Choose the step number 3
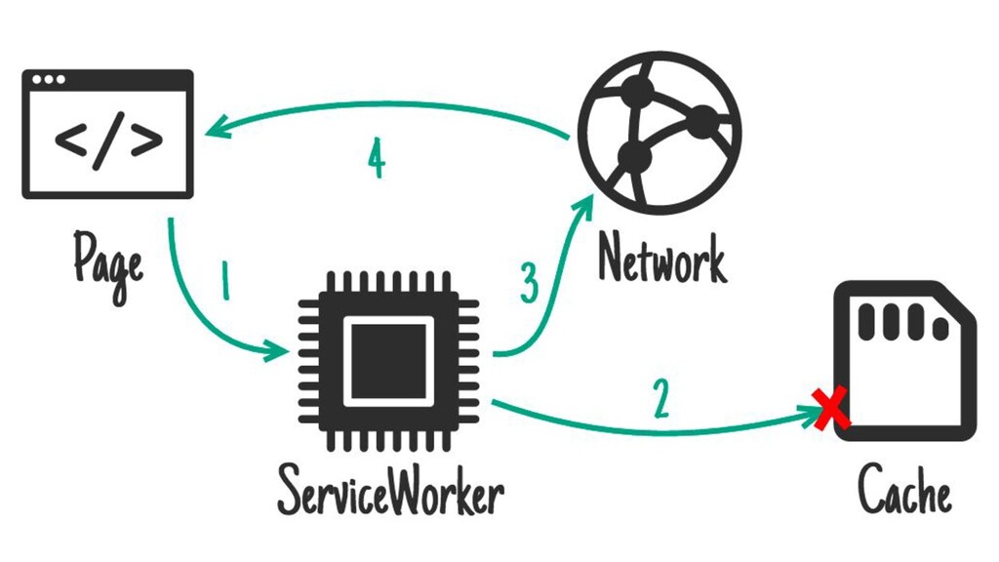tap(529, 284)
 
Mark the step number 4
tap(376, 159)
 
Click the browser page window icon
tap(107, 134)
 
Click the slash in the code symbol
tap(108, 140)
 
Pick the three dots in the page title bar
tap(49, 79)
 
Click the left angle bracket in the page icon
tap(71, 141)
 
